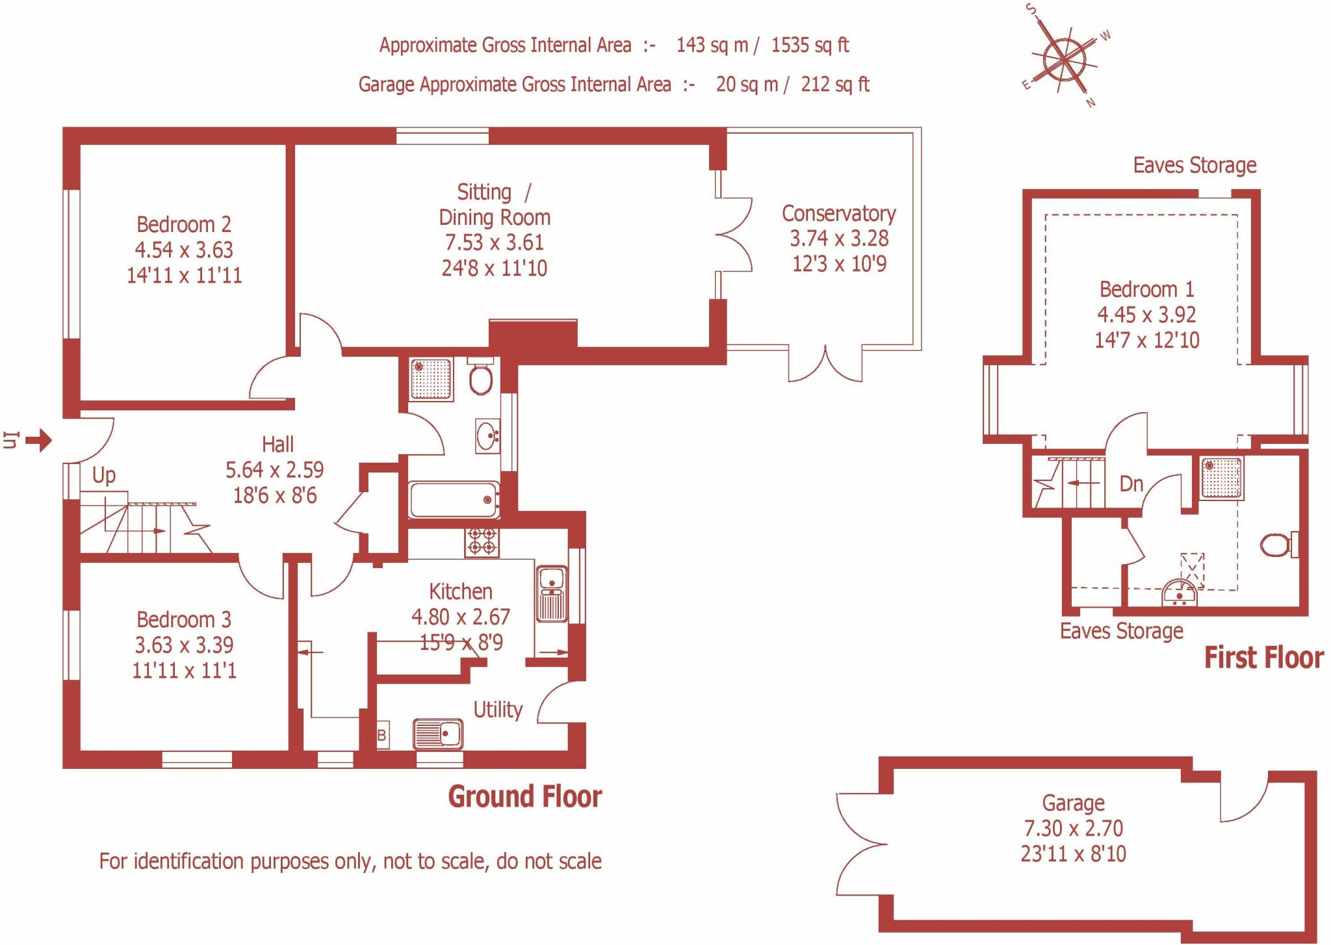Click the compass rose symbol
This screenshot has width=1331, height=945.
click(x=1064, y=59)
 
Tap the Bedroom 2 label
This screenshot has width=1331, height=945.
click(x=184, y=225)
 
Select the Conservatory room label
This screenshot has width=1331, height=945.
click(x=838, y=214)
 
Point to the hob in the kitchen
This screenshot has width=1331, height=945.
click(x=482, y=541)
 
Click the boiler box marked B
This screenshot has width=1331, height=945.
click(x=382, y=736)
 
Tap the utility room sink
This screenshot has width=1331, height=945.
click(x=438, y=734)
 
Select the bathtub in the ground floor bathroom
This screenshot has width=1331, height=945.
click(x=454, y=499)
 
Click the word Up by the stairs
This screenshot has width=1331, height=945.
click(x=104, y=475)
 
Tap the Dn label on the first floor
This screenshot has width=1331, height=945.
click(x=1131, y=484)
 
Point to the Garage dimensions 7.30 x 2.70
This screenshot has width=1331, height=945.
click(x=1073, y=829)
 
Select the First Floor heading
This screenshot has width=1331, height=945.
click(x=1263, y=658)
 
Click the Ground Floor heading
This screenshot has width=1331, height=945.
click(x=525, y=797)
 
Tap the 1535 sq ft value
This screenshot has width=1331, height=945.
click(x=810, y=45)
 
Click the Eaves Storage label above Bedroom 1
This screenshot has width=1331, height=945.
click(x=1195, y=166)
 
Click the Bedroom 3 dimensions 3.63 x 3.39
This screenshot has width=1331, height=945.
click(x=184, y=645)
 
